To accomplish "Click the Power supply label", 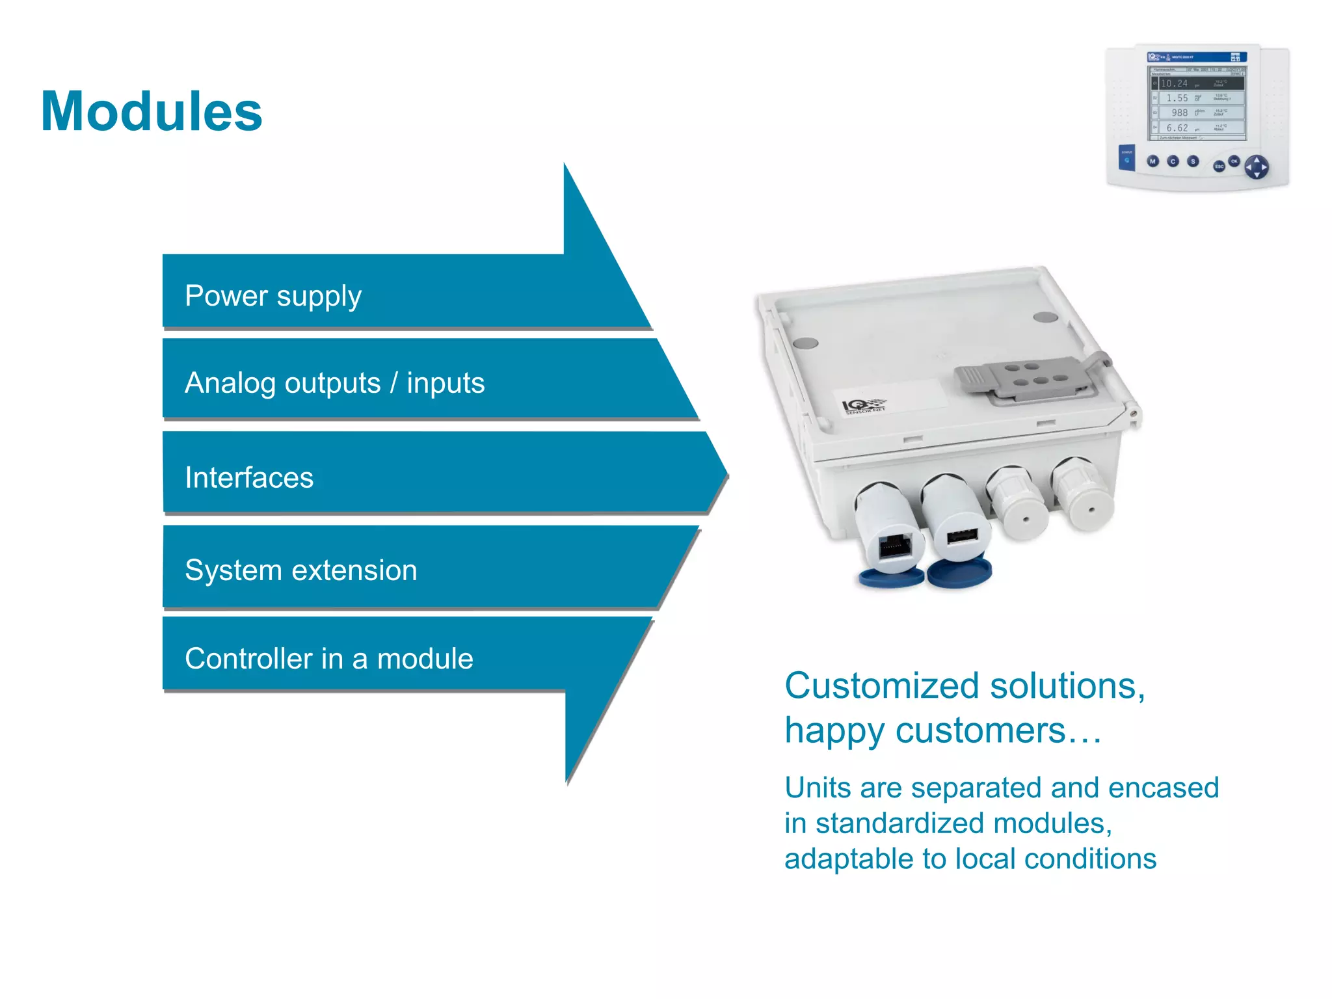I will click(273, 297).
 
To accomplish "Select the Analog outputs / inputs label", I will click(334, 383).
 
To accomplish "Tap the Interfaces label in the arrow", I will click(249, 478).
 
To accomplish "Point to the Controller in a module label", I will click(328, 659).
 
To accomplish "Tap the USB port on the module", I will click(962, 537).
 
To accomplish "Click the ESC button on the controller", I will click(1219, 166).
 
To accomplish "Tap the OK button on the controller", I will click(1234, 161).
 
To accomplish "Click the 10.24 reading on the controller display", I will click(1174, 83).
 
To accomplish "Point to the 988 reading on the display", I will click(1179, 113).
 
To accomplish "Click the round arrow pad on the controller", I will click(1256, 166).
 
